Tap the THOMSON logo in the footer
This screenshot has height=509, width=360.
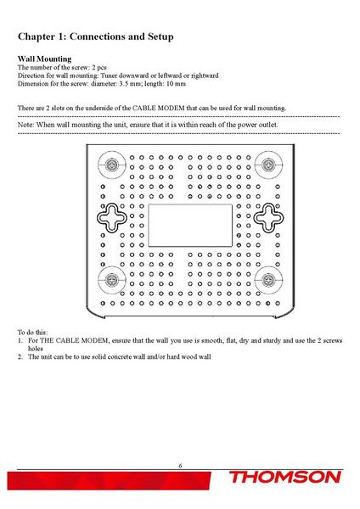(285, 478)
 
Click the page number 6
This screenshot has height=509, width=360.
(180, 465)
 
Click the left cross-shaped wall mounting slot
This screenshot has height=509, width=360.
(110, 219)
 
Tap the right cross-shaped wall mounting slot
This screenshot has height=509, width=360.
(269, 219)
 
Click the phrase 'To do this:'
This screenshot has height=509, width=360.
(34, 331)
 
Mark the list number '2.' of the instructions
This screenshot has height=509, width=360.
(21, 356)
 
